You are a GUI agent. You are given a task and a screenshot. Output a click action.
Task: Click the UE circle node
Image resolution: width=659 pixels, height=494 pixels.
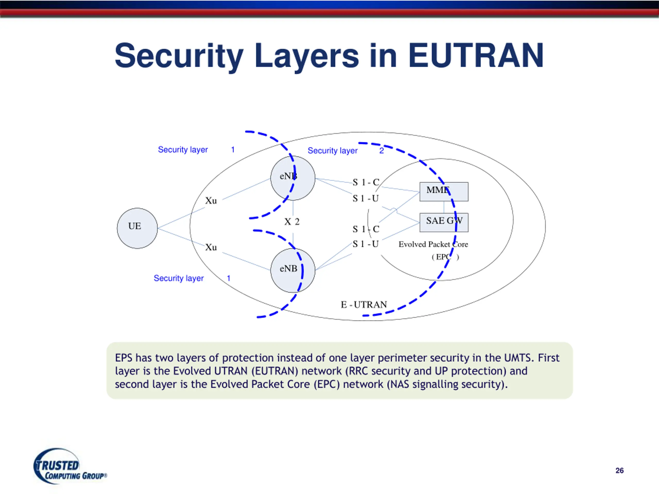click(137, 228)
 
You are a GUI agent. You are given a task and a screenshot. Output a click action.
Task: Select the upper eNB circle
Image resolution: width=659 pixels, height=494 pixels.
click(292, 178)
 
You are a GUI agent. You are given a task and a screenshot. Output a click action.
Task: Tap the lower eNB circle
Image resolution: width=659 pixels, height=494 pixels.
click(292, 270)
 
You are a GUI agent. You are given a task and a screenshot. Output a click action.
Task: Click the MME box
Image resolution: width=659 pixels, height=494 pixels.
click(444, 191)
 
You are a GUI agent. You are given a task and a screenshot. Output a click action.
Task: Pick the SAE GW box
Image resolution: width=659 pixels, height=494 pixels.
click(444, 222)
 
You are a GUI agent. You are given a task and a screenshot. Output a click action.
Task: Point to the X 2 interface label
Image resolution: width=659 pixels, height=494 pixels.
click(292, 222)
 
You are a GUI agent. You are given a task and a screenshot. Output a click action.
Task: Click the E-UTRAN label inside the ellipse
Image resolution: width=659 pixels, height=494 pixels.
click(364, 305)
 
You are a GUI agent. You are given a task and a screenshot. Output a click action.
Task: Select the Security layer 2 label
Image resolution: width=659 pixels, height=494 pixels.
click(345, 151)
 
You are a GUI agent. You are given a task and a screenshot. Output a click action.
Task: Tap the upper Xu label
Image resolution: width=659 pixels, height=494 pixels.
click(211, 201)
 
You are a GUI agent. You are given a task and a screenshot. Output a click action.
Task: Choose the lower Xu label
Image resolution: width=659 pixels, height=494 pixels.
click(211, 248)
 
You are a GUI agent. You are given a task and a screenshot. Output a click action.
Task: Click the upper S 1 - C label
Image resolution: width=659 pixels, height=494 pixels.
click(366, 182)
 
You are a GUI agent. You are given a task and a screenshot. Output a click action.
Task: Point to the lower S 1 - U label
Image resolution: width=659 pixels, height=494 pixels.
click(366, 244)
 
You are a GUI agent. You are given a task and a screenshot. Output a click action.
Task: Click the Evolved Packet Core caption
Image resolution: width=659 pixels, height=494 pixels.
click(433, 244)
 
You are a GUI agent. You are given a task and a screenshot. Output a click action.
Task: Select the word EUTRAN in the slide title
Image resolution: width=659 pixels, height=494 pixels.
click(476, 56)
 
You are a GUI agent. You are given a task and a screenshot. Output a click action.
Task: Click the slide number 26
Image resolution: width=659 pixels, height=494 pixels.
click(619, 471)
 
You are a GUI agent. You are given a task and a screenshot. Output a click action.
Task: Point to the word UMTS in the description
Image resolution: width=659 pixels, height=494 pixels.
click(518, 358)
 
